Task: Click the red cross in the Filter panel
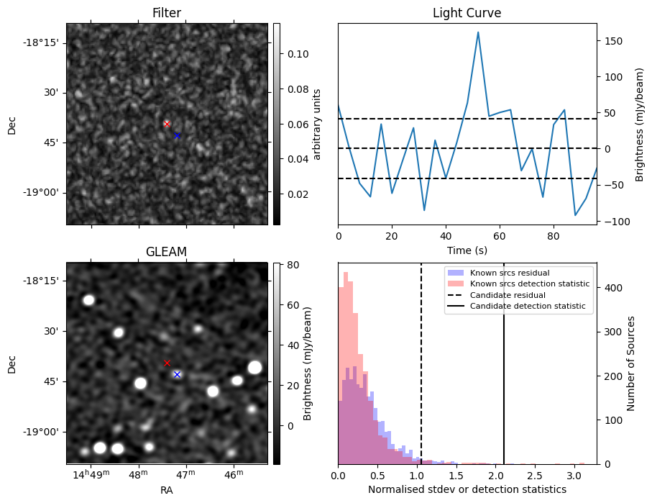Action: (x=167, y=124)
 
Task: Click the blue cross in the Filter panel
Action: (x=177, y=135)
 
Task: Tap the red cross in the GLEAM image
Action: (x=167, y=363)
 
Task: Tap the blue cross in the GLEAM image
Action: (x=177, y=374)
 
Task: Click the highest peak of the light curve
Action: (x=478, y=32)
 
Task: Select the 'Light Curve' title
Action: (x=467, y=13)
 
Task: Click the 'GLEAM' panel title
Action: (x=166, y=252)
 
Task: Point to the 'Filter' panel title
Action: (x=166, y=13)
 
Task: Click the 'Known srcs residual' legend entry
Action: (x=509, y=273)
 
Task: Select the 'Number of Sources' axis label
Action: (x=631, y=363)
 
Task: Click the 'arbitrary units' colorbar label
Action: (x=317, y=124)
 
